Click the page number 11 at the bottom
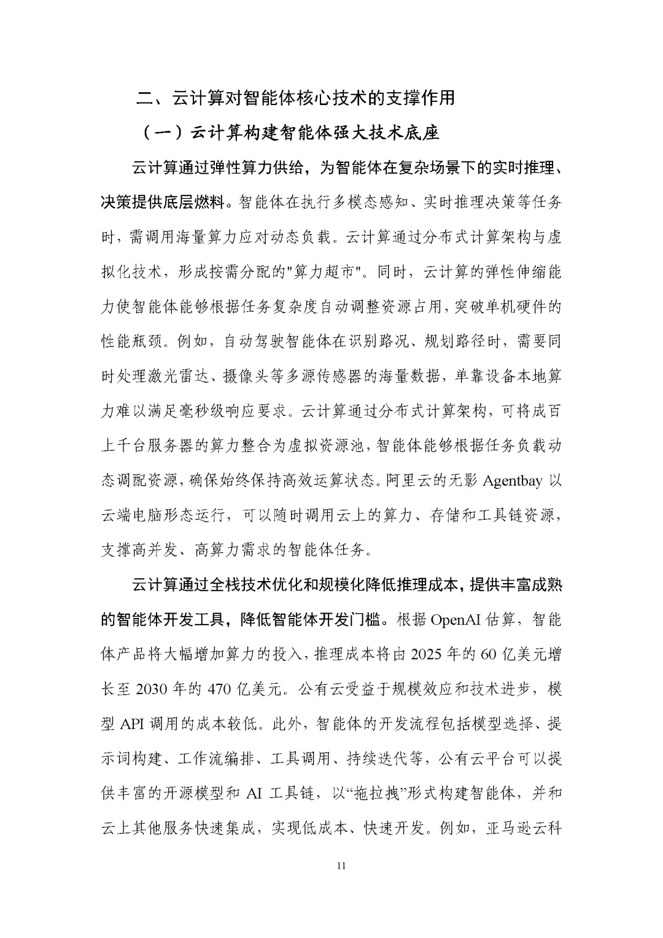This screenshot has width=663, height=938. [x=342, y=866]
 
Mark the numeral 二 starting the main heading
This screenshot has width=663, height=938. [x=142, y=98]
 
